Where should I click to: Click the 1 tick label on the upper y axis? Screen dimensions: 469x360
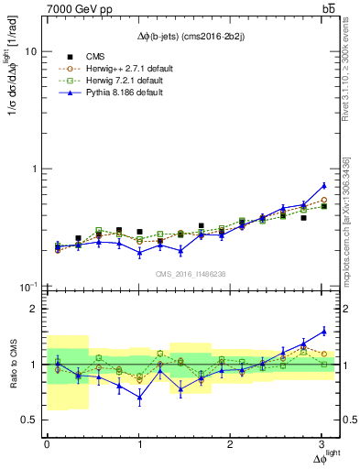(35, 169)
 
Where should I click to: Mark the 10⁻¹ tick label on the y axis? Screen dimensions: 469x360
(29, 287)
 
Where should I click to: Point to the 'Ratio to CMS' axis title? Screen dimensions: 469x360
(11, 365)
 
